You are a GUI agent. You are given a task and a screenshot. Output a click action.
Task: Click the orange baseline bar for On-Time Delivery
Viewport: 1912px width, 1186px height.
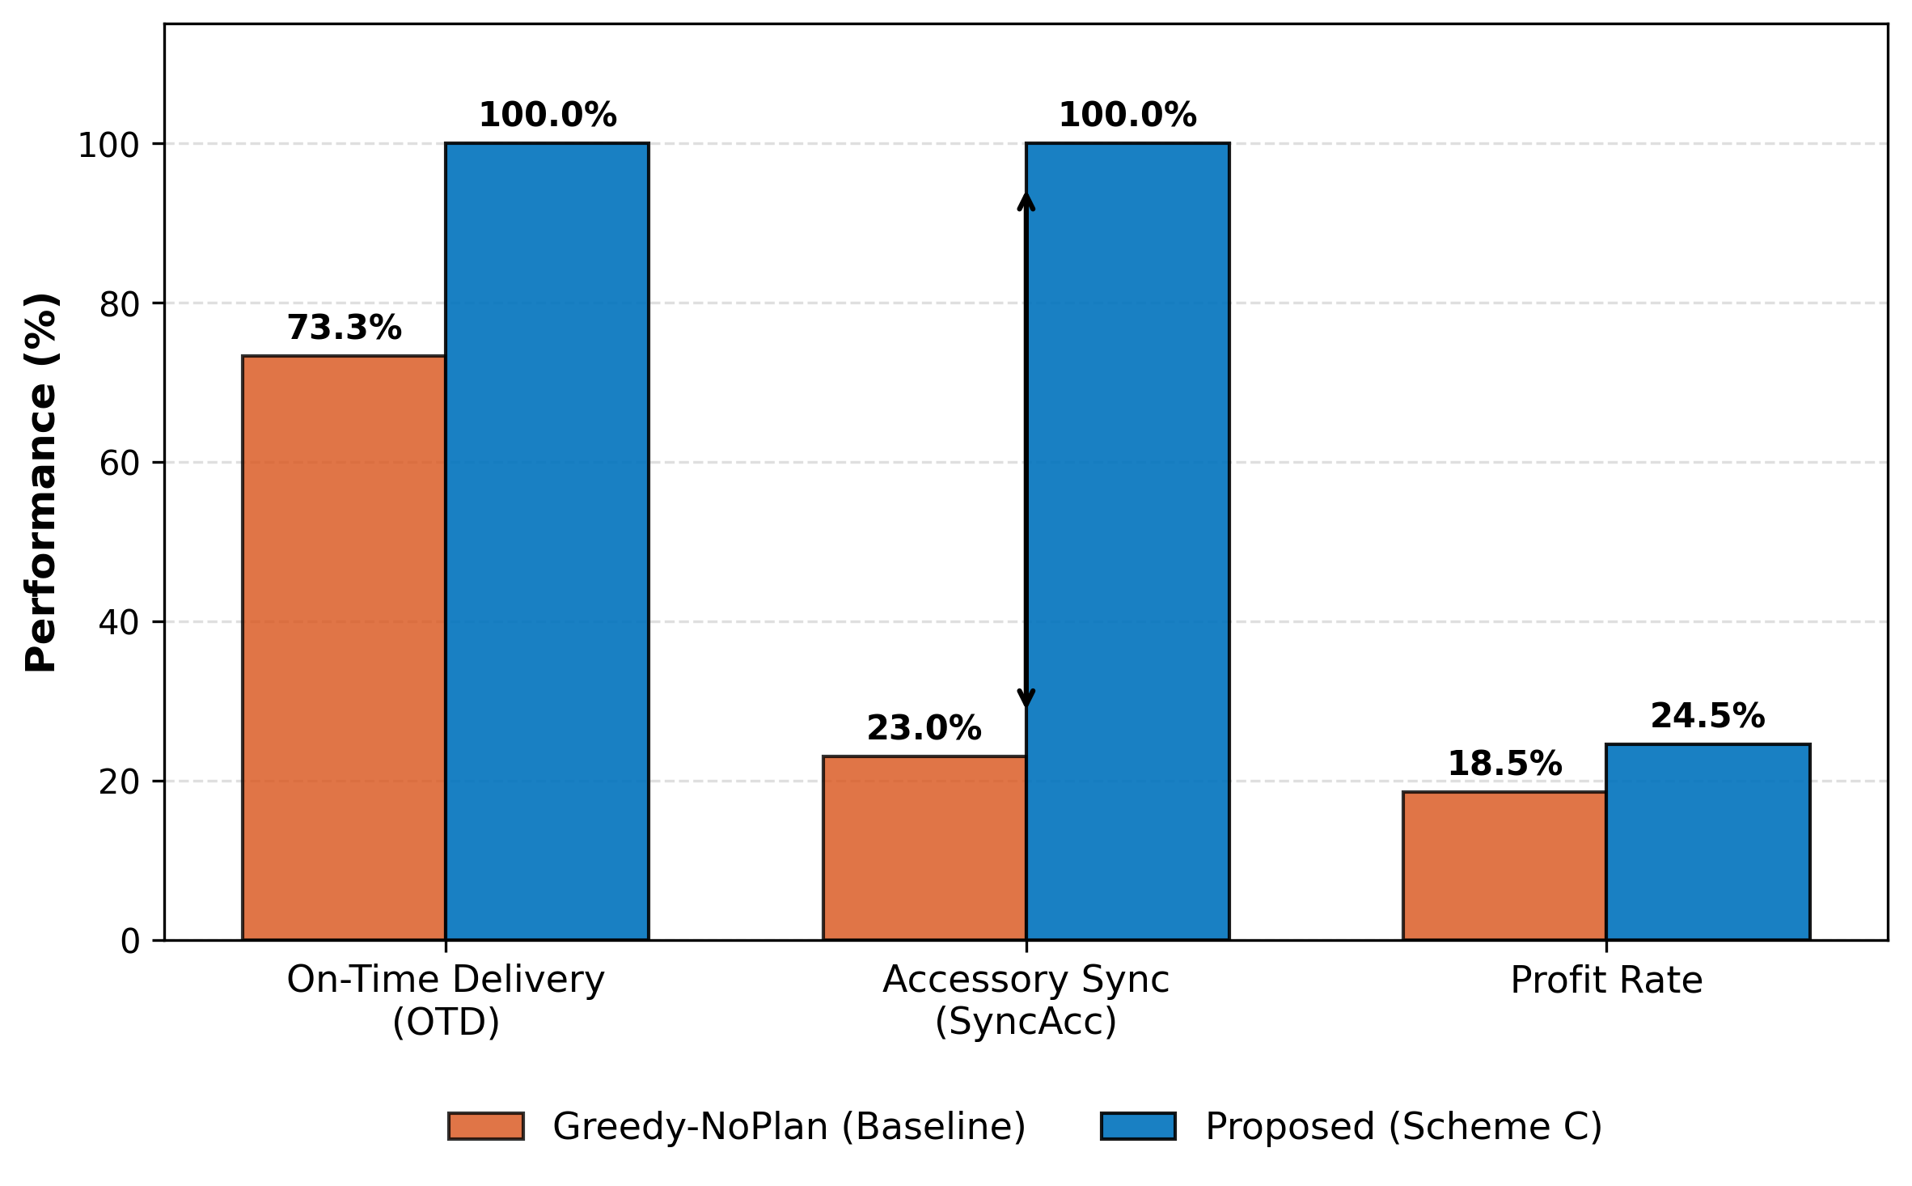(x=344, y=647)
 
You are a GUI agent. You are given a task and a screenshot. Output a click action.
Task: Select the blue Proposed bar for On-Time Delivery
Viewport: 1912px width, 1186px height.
(x=547, y=541)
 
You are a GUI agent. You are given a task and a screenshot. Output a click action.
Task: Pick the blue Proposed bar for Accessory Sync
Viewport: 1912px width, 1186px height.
(x=1127, y=541)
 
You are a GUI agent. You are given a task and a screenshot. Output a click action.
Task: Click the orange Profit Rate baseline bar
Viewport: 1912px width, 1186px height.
(x=1504, y=866)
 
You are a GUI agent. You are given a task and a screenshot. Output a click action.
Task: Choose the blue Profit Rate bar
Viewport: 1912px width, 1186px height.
(x=1707, y=841)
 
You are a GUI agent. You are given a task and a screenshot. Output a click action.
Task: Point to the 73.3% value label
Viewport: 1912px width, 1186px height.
(x=344, y=328)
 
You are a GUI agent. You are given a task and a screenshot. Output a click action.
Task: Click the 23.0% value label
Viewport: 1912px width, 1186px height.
(x=924, y=728)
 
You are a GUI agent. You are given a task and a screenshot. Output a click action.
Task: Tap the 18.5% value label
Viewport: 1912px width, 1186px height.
(x=1504, y=764)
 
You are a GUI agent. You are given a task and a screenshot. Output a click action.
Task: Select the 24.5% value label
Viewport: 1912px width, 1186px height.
(x=1707, y=716)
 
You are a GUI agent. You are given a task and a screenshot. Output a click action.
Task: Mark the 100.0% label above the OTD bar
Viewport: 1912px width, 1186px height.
(x=548, y=115)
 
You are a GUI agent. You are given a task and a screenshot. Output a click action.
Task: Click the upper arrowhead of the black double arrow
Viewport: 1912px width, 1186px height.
(x=1026, y=201)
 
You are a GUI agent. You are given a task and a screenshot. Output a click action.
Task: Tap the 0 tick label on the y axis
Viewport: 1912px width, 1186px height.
(x=130, y=941)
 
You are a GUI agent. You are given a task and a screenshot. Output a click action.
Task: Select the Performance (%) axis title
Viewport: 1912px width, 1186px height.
(x=40, y=482)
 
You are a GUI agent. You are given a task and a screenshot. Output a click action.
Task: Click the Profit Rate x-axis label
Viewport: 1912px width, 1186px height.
(x=1606, y=981)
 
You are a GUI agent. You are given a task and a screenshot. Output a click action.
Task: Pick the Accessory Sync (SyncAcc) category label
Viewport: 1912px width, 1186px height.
(x=1026, y=1000)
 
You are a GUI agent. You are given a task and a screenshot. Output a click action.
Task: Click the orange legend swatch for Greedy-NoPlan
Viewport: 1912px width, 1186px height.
(x=486, y=1126)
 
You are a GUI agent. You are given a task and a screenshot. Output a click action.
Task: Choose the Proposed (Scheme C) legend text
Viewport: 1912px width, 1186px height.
(x=1403, y=1126)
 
